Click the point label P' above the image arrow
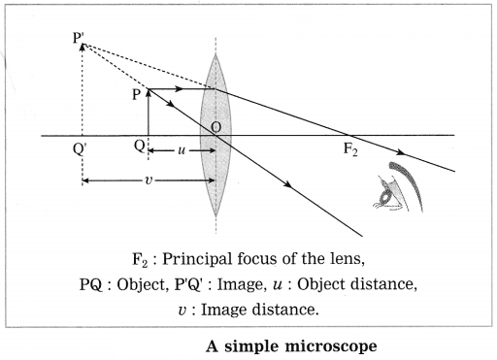pos(79,38)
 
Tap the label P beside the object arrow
pos(136,95)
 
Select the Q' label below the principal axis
pos(80,149)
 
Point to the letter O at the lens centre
pos(216,127)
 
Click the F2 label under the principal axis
pos(350,149)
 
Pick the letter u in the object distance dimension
pos(182,150)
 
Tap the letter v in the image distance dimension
pos(149,180)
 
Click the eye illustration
pos(399,186)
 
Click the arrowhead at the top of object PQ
pos(149,93)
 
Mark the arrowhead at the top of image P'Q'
pos(83,48)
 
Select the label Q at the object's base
pos(139,146)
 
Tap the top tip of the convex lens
pos(215,54)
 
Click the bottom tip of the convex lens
pos(215,216)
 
